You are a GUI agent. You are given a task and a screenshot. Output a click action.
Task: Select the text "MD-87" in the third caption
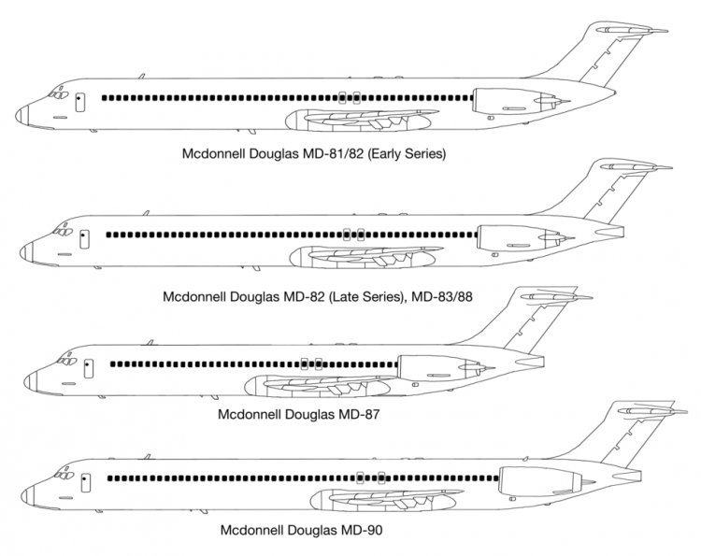coord(359,412)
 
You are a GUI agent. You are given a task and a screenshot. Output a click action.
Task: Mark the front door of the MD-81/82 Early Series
coord(79,101)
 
